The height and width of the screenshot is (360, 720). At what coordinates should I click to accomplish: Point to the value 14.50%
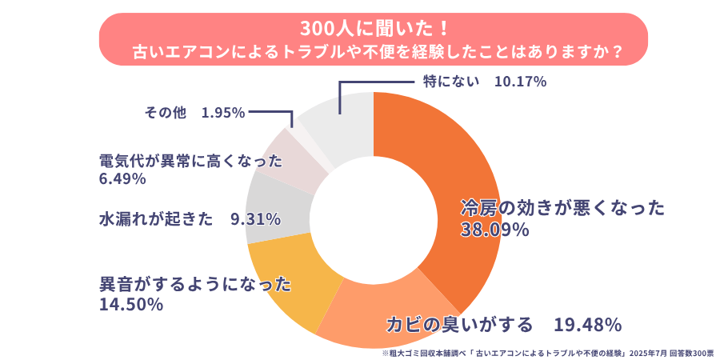tap(131, 305)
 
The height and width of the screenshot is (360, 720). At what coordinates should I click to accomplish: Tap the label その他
tap(165, 114)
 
